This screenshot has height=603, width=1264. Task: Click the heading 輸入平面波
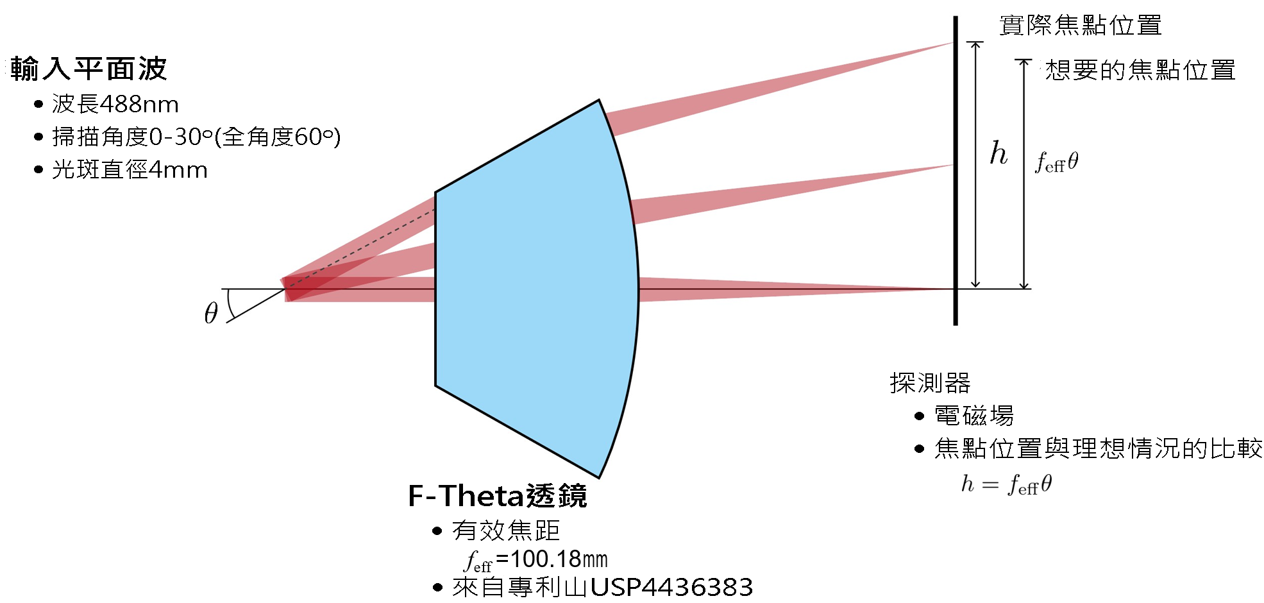click(x=88, y=69)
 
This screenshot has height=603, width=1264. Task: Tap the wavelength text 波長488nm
click(x=115, y=104)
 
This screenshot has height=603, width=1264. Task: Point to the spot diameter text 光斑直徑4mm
click(x=130, y=170)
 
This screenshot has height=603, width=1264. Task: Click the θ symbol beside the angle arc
click(x=211, y=313)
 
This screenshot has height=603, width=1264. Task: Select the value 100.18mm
click(x=559, y=559)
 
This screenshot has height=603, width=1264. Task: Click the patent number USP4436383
click(x=671, y=587)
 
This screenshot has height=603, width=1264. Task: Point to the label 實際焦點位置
click(x=1081, y=26)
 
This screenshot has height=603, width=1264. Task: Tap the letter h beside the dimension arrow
click(x=999, y=153)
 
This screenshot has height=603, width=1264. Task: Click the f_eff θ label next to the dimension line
click(x=1057, y=162)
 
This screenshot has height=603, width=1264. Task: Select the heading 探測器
click(x=930, y=383)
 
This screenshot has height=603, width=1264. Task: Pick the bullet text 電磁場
click(x=974, y=416)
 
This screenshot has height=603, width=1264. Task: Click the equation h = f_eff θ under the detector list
click(x=1006, y=484)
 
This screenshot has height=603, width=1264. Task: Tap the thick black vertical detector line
click(x=955, y=171)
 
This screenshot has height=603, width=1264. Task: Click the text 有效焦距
click(x=506, y=531)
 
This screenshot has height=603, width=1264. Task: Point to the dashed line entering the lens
click(x=361, y=248)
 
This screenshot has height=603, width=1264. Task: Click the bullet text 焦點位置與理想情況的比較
click(x=1098, y=448)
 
